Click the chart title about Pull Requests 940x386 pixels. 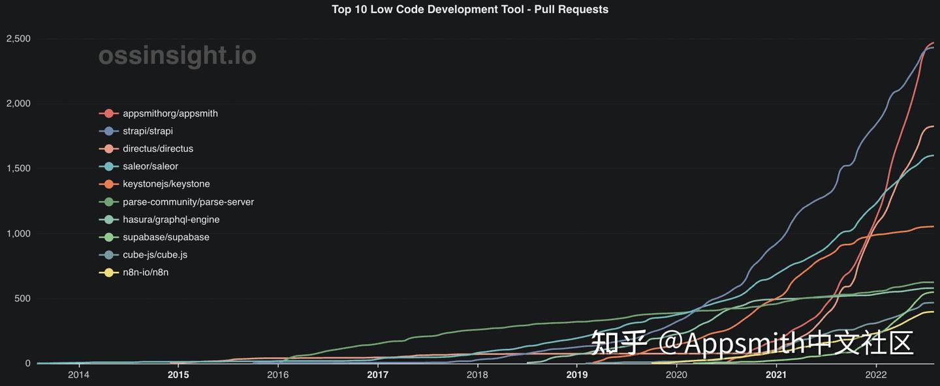[470, 9]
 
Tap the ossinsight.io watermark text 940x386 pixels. [177, 56]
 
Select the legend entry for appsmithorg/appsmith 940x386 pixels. [170, 113]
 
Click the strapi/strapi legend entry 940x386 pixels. [148, 131]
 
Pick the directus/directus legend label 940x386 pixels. [157, 149]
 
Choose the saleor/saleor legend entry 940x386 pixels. [150, 166]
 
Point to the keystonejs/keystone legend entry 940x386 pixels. [166, 184]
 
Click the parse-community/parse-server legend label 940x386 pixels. [188, 202]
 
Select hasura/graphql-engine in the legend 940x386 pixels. [171, 220]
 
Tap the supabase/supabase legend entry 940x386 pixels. [166, 237]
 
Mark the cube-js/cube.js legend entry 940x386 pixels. [155, 255]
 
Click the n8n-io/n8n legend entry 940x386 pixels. [145, 273]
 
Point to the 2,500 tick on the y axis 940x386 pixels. [18, 39]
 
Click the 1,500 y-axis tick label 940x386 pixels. [18, 169]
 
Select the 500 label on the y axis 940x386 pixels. [23, 299]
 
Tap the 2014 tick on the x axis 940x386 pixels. [78, 375]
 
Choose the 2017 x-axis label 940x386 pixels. [377, 375]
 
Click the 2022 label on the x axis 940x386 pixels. [875, 375]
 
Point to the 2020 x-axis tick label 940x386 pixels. [676, 375]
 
